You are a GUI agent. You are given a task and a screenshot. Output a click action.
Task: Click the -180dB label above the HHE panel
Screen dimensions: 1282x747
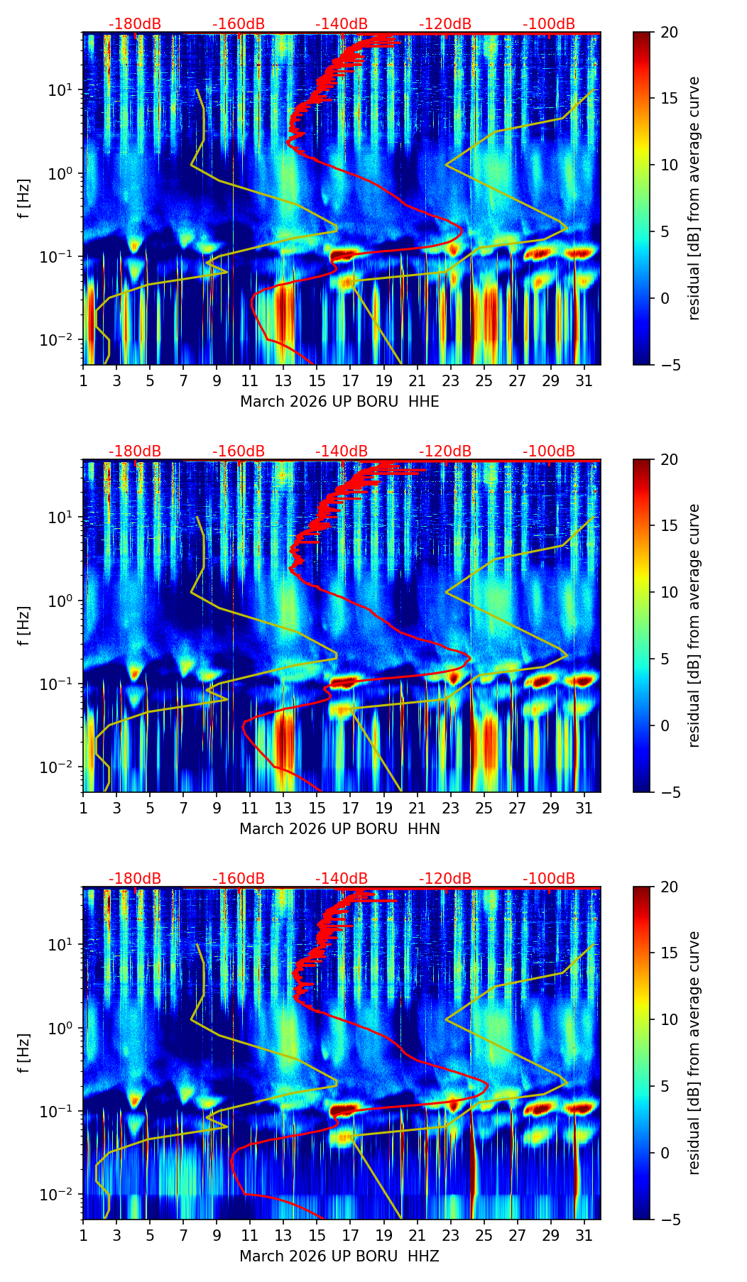coord(135,24)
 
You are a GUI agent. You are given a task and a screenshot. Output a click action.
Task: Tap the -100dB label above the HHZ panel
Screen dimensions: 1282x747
coord(549,879)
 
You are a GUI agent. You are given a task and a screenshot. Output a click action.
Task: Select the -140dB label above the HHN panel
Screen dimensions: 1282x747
coord(342,451)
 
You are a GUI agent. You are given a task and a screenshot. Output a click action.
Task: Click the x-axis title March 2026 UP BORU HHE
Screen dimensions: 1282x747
coord(339,402)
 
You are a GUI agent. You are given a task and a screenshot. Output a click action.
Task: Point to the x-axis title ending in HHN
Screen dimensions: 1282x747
coord(339,829)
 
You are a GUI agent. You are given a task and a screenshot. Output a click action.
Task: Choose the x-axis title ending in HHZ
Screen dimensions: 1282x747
coord(339,1256)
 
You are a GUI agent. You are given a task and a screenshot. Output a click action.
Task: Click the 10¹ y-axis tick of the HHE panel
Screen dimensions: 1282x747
coord(64,90)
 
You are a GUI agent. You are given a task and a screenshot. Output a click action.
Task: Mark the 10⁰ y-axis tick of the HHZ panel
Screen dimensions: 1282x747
coord(64,1028)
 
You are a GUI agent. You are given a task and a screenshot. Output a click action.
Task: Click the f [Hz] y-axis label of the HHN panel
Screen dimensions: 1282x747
coord(25,625)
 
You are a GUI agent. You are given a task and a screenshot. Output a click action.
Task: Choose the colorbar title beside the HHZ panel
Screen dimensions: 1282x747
coord(694,1053)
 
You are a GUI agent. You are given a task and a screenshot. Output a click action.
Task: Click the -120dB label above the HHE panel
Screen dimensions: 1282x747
coord(445,24)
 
